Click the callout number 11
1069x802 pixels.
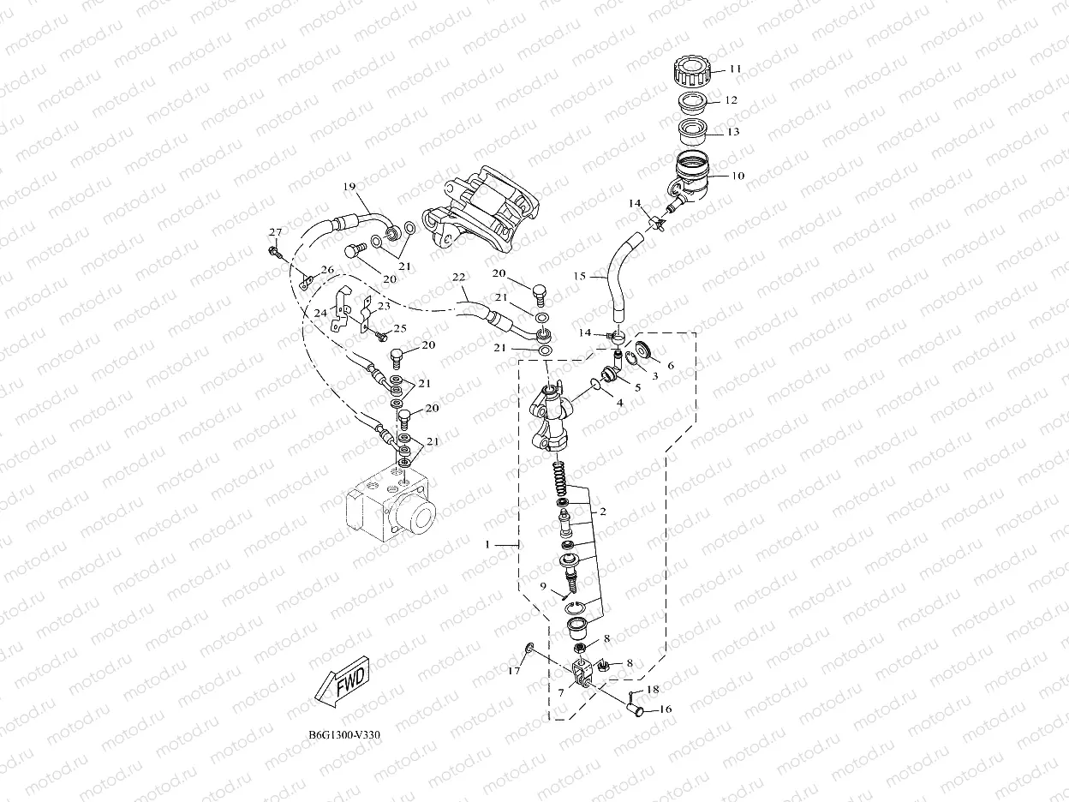click(x=736, y=69)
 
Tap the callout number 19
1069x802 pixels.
click(x=349, y=187)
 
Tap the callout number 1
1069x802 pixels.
click(x=488, y=544)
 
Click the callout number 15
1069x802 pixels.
click(x=579, y=277)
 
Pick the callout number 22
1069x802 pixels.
click(x=459, y=278)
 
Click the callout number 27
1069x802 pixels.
click(x=275, y=233)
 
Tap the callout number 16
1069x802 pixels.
click(x=665, y=709)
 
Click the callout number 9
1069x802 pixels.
click(x=543, y=586)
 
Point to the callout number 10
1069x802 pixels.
click(x=738, y=176)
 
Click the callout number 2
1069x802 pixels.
click(x=603, y=512)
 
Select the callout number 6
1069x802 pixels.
click(x=670, y=366)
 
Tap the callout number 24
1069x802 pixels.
click(x=320, y=314)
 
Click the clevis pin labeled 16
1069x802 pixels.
click(x=638, y=708)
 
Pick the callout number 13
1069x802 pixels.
click(x=733, y=132)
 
